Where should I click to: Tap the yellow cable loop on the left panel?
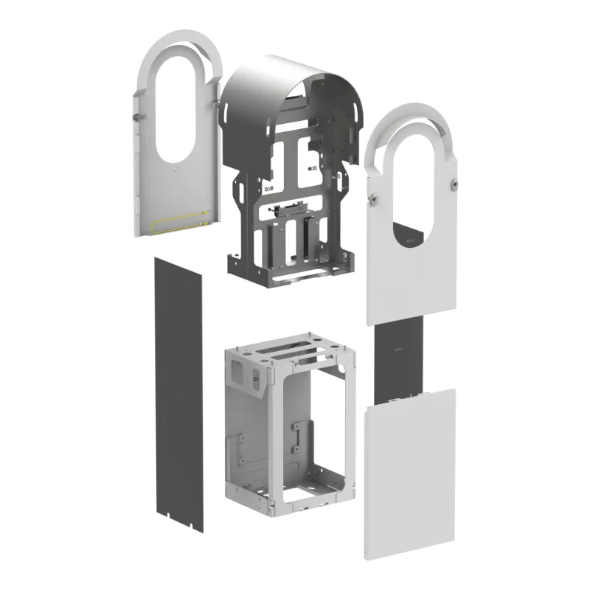[x=181, y=221]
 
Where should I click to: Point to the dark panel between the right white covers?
[x=398, y=361]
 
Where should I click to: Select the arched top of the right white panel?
[x=409, y=118]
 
